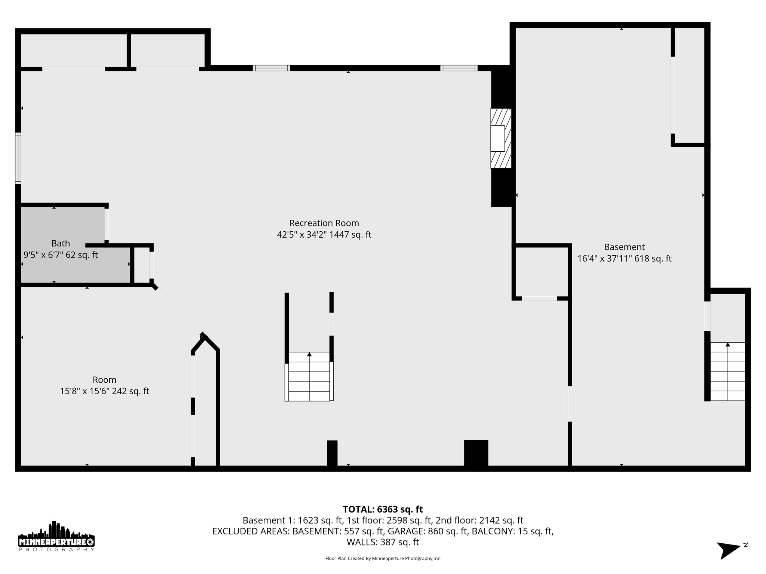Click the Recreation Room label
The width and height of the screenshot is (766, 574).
(324, 223)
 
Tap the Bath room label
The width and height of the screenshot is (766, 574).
(61, 243)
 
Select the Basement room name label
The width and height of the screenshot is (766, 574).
(624, 247)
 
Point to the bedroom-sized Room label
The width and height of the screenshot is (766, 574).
(104, 380)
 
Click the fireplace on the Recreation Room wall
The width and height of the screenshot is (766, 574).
(500, 138)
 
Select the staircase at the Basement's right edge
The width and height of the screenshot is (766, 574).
(727, 371)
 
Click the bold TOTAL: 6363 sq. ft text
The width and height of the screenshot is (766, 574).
(383, 509)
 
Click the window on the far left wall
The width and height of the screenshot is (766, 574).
(18, 158)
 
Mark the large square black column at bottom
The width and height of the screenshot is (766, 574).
(476, 453)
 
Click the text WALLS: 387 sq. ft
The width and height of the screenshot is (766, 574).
(383, 542)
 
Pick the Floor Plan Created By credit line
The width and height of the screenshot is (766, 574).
(383, 559)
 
